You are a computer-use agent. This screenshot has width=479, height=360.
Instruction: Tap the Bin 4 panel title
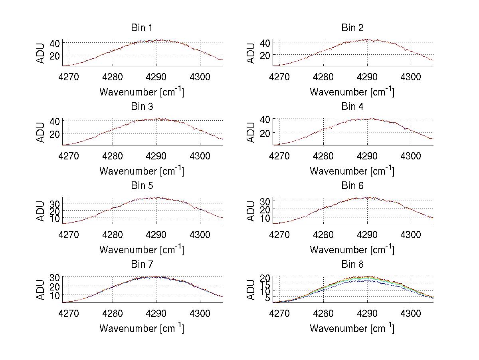(352, 107)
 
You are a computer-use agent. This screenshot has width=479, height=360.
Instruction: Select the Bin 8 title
(352, 265)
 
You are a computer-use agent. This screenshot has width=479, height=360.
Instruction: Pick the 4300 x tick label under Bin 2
(411, 76)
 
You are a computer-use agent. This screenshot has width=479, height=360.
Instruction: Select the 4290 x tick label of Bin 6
(367, 234)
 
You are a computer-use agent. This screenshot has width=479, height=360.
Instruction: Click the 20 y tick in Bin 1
(55, 55)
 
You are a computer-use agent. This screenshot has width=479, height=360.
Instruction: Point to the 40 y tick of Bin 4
(266, 119)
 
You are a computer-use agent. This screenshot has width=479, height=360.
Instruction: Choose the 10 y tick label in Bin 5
(55, 219)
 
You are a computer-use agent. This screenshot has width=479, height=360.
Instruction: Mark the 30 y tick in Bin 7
(55, 277)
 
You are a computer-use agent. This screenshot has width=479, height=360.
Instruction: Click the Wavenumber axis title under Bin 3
(141, 171)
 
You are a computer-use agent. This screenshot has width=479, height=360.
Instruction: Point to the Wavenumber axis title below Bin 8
(352, 328)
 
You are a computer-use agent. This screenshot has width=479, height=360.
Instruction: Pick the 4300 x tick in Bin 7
(200, 313)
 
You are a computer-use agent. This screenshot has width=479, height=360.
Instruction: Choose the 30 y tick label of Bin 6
(266, 201)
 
